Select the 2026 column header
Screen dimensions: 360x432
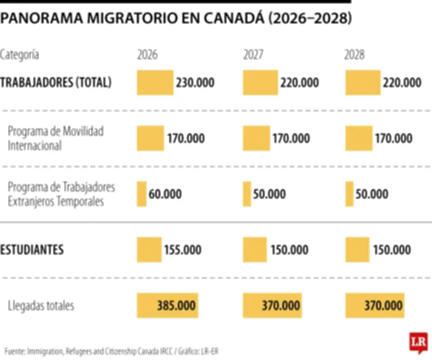(147, 55)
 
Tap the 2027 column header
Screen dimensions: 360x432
(253, 55)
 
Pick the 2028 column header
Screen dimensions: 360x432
(354, 55)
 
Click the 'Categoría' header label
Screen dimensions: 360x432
(19, 55)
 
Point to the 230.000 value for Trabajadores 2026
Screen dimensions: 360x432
(195, 83)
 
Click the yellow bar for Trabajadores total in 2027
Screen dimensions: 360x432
(260, 83)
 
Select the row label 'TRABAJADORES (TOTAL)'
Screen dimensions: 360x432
(56, 83)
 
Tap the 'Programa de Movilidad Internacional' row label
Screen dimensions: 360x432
(56, 138)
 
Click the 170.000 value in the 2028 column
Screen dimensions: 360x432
(394, 138)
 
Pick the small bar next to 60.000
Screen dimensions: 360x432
(142, 194)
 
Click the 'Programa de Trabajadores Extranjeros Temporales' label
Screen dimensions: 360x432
(62, 194)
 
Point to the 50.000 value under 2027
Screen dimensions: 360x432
(269, 194)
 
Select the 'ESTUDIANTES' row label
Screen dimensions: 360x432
(32, 250)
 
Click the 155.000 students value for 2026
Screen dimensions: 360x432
(183, 250)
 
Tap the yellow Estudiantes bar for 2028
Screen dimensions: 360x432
(356, 250)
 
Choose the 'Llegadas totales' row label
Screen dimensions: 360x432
(41, 306)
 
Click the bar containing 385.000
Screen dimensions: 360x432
(167, 306)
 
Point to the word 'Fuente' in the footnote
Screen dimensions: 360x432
(15, 351)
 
